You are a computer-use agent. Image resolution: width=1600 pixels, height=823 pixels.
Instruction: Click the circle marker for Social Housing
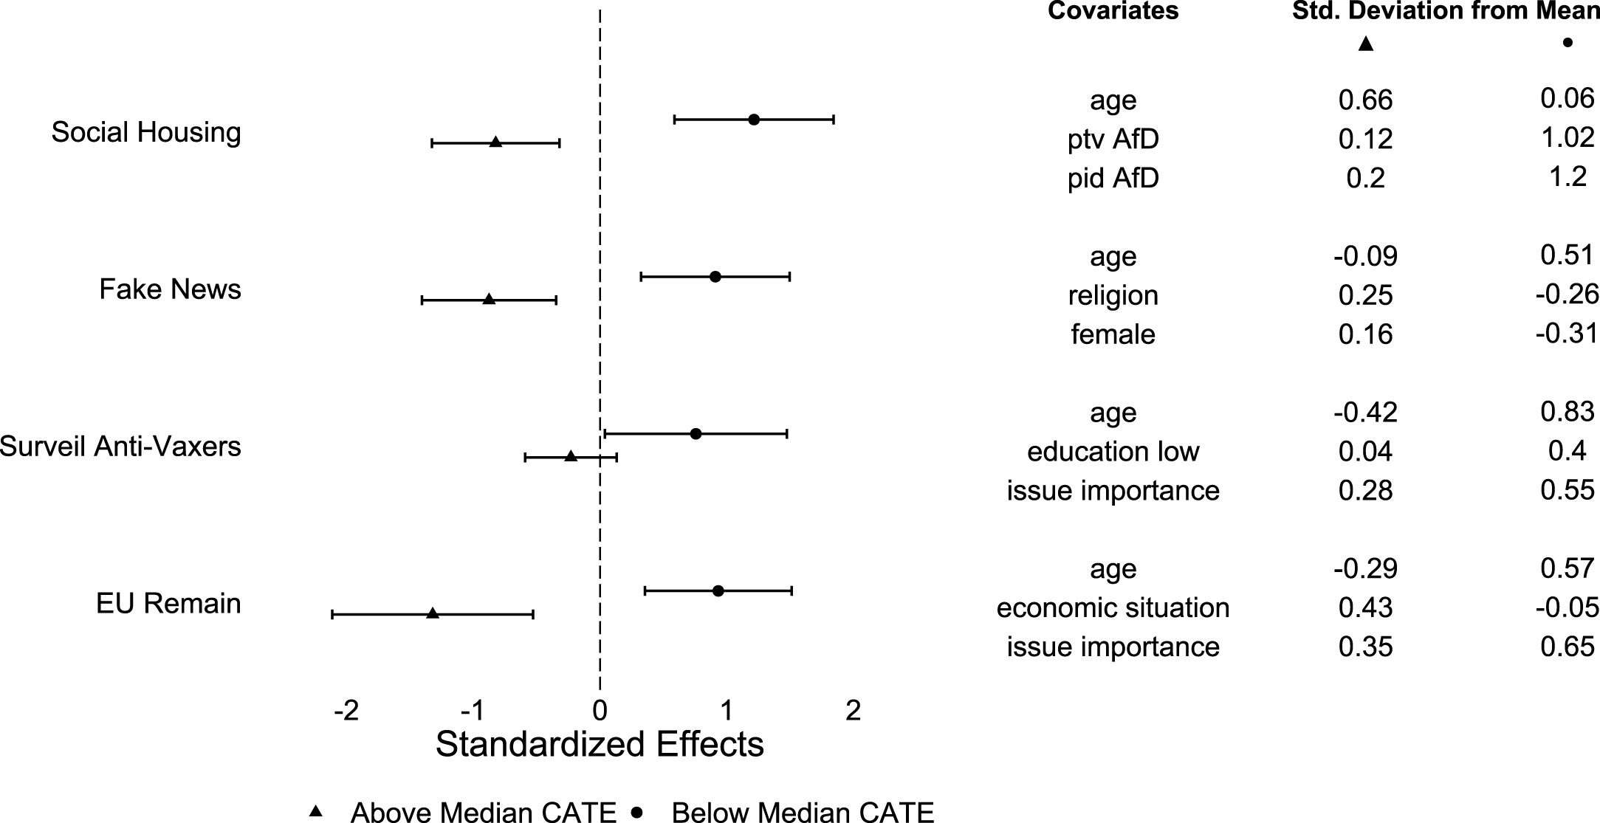click(754, 120)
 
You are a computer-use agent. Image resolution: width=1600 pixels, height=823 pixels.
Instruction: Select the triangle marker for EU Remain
click(433, 613)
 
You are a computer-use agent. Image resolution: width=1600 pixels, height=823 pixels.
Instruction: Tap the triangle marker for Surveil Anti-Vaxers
click(571, 457)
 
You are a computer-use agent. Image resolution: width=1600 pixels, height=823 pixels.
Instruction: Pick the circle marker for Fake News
click(715, 277)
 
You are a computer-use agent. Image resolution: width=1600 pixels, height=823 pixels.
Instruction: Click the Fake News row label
click(170, 289)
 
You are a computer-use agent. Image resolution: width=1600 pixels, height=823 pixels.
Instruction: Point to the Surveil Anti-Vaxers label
click(120, 447)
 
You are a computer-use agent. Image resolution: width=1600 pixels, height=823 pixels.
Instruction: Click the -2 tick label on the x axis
click(346, 711)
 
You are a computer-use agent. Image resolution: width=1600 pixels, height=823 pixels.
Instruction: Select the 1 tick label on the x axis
click(727, 711)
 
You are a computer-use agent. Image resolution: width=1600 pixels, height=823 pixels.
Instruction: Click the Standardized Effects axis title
click(600, 744)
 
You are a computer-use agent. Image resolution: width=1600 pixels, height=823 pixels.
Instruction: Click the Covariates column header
click(1113, 11)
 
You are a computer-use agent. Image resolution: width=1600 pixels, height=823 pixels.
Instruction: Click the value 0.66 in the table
click(1365, 100)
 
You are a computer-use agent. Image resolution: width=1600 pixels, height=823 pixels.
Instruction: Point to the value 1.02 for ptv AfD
click(1567, 138)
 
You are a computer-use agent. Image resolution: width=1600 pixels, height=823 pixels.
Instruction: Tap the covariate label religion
click(1113, 295)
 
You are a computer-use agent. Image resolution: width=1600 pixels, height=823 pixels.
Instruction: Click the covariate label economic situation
click(1113, 608)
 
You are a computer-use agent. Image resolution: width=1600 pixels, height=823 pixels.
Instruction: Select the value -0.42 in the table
click(1365, 413)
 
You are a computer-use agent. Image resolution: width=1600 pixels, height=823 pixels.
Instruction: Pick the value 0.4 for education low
click(1567, 451)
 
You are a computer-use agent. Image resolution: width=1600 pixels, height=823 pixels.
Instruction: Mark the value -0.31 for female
click(1567, 334)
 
